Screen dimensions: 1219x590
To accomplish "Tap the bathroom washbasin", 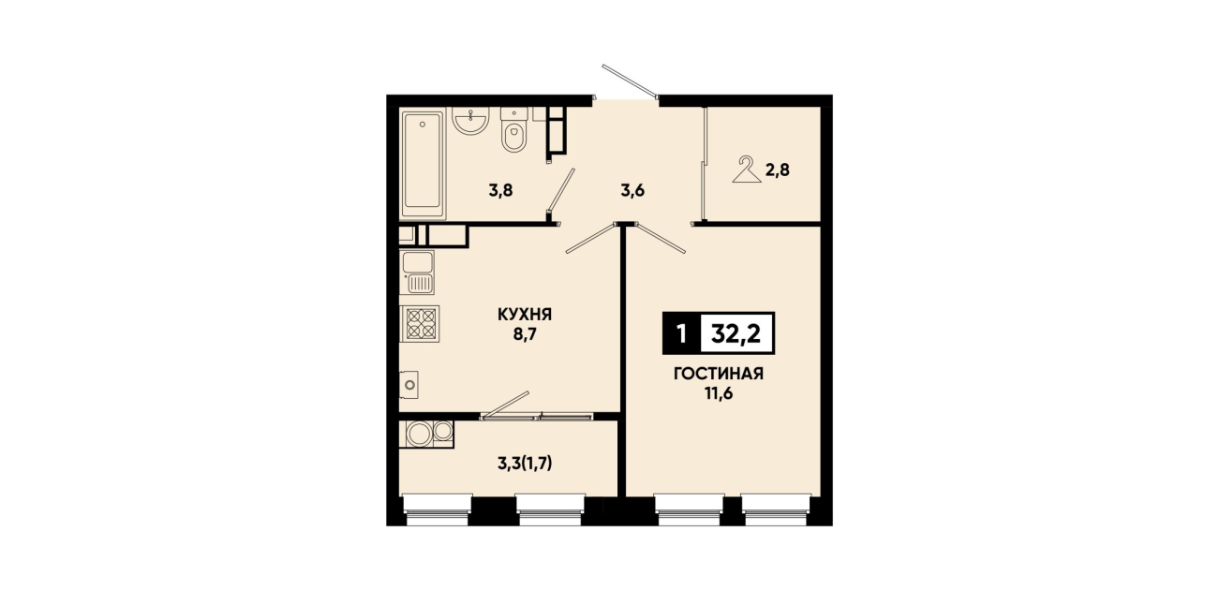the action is (470, 120).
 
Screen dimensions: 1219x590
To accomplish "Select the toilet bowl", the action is (513, 129).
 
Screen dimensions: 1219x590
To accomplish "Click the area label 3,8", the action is (500, 191).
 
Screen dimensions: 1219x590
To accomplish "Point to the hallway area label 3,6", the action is (632, 191).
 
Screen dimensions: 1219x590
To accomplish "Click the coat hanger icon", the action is (747, 170).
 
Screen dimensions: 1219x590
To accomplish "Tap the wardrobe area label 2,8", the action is (778, 170).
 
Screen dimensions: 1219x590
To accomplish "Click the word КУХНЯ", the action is (525, 315).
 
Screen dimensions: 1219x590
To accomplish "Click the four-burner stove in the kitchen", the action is (420, 324).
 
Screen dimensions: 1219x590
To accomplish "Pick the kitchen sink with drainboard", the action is (418, 273).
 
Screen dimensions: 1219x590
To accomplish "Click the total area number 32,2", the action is (736, 333).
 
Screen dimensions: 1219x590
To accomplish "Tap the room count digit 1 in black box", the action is (681, 333).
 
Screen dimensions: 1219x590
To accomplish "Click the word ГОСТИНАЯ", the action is (719, 374).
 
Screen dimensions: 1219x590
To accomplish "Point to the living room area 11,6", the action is (719, 393).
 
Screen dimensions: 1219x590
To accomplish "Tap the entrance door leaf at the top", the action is (630, 81).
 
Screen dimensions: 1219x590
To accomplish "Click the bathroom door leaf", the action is (561, 190).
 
